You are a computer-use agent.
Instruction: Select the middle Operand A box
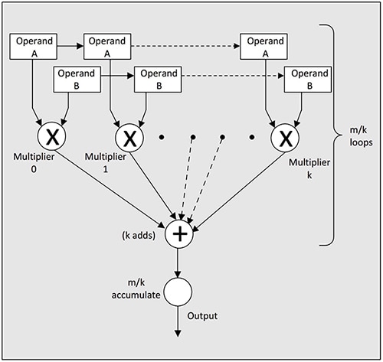107,46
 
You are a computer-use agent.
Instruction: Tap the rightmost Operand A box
264,46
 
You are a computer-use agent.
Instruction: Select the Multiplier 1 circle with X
130,139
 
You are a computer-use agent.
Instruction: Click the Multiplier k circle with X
285,139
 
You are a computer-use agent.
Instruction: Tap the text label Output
205,315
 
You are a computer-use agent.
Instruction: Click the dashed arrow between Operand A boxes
186,46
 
